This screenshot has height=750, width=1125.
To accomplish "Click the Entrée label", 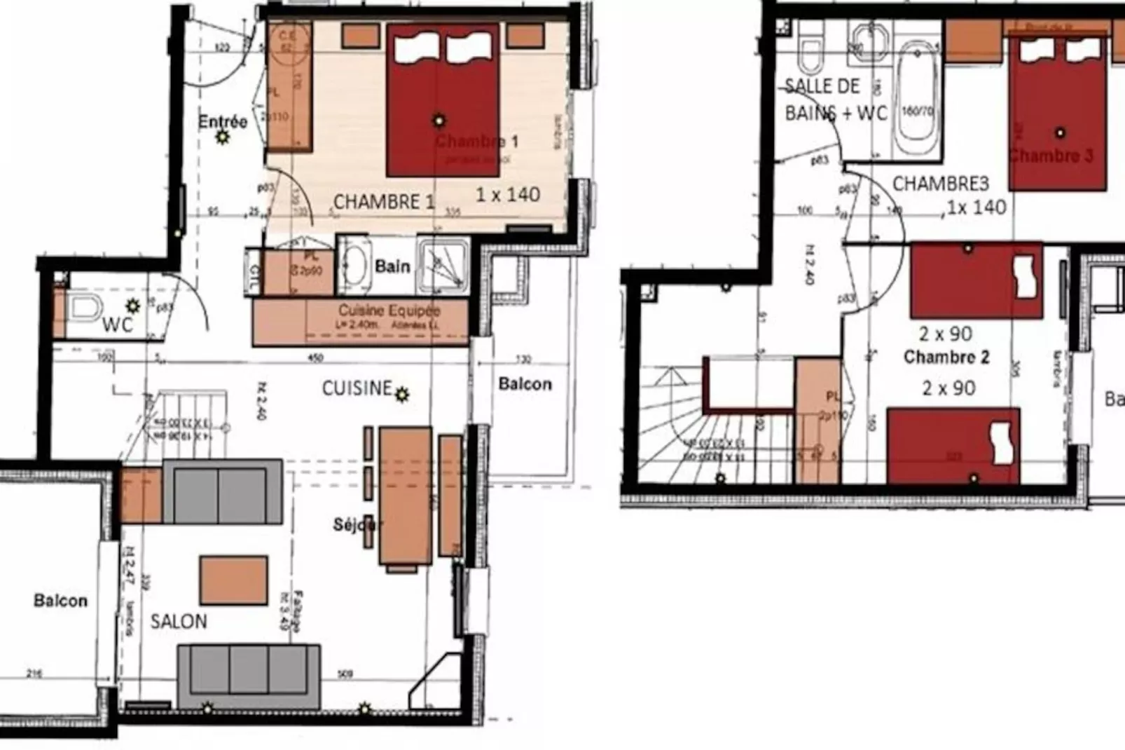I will click(223, 122).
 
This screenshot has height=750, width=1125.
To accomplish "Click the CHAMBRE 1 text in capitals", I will click(383, 203).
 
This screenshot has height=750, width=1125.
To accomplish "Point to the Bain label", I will click(392, 266).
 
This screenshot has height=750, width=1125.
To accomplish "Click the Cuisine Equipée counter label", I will click(389, 311).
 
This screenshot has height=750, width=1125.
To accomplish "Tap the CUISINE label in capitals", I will click(357, 388).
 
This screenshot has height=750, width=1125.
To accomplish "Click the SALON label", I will click(179, 622).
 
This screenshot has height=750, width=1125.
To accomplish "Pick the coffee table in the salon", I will click(233, 580).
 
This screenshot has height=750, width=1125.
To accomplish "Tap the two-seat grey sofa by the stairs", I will click(222, 491).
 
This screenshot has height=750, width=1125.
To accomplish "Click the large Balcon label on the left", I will click(61, 601).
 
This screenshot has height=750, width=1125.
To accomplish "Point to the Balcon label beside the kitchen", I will click(525, 384).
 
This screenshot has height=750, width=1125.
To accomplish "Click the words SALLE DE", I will click(822, 87).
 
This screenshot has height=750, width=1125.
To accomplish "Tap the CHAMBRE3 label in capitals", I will click(940, 184).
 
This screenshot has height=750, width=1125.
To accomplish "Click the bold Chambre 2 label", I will click(946, 357).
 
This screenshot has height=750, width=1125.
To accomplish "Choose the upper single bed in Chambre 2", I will click(976, 280).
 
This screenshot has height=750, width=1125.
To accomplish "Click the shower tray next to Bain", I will click(443, 266).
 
